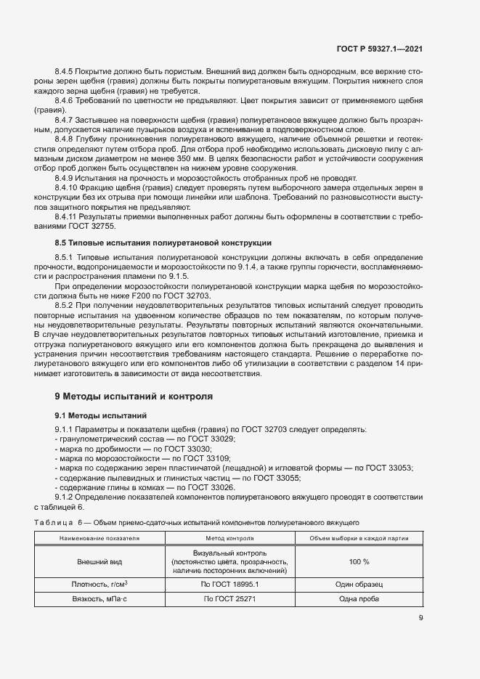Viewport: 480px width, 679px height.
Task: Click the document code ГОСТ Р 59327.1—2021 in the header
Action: pyautogui.click(x=379, y=49)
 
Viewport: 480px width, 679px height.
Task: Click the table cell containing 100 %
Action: pyautogui.click(x=359, y=562)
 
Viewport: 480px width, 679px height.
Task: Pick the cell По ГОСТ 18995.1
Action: pyautogui.click(x=229, y=584)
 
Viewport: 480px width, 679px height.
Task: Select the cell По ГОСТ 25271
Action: pyautogui.click(x=229, y=599)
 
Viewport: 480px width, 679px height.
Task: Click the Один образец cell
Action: pyautogui.click(x=359, y=584)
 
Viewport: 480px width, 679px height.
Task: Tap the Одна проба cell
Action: pyautogui.click(x=359, y=599)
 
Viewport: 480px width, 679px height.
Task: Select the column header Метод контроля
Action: pyautogui.click(x=229, y=539)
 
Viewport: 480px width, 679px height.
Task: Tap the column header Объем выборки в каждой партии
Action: pyautogui.click(x=359, y=539)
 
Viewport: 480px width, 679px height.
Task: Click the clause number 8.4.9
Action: pyautogui.click(x=66, y=178)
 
